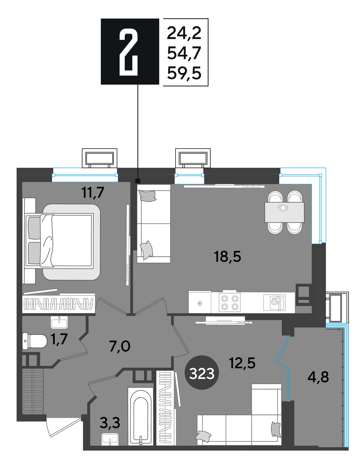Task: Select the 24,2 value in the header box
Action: (x=184, y=33)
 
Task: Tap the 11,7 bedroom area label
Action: (x=92, y=193)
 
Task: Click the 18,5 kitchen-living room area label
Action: (x=227, y=257)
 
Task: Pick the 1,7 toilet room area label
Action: (x=59, y=339)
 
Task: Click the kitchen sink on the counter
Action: (x=274, y=303)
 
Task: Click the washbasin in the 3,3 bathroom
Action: (x=110, y=439)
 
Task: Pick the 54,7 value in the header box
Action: (x=184, y=53)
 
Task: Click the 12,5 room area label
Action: (x=242, y=363)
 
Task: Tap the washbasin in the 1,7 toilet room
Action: (x=59, y=322)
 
